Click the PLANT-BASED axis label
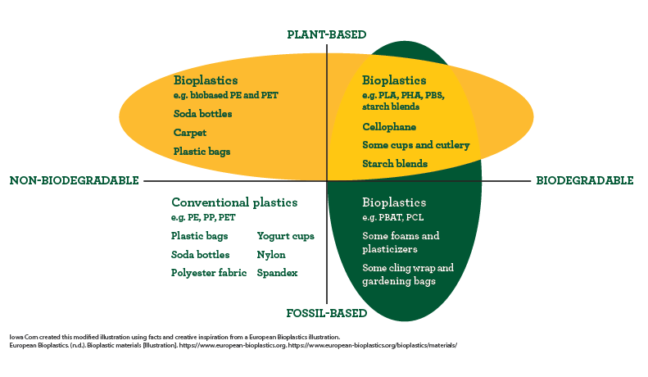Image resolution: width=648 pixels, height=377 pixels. tap(327, 34)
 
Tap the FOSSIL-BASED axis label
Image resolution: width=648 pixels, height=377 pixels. tap(327, 313)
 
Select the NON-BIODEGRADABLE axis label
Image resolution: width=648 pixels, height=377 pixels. tap(74, 180)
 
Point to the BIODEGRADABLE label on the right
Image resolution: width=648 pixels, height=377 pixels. tap(585, 180)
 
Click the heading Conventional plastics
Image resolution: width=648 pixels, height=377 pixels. tap(234, 202)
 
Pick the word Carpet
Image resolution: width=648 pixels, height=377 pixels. tap(190, 133)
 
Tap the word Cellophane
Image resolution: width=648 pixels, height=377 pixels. tap(389, 127)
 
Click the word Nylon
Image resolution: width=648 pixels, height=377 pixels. tap(271, 255)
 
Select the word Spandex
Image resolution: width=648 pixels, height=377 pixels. tap(277, 273)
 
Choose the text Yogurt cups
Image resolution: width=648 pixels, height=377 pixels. tap(286, 236)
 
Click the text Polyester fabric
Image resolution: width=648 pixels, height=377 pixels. tap(209, 273)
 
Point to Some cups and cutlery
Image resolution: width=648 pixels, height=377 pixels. tap(415, 145)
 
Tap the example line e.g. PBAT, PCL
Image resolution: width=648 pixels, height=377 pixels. tap(393, 217)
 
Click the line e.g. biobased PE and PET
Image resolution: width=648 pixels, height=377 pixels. tap(225, 95)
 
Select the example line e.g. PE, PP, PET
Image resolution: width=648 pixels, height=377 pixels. tap(203, 217)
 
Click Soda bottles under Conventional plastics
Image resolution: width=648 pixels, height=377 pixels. tap(200, 255)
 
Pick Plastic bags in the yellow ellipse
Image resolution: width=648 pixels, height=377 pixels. tap(202, 152)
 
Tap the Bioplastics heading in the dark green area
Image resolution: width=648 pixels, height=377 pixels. tap(394, 202)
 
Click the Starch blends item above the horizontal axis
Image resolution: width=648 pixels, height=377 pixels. tap(395, 164)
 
